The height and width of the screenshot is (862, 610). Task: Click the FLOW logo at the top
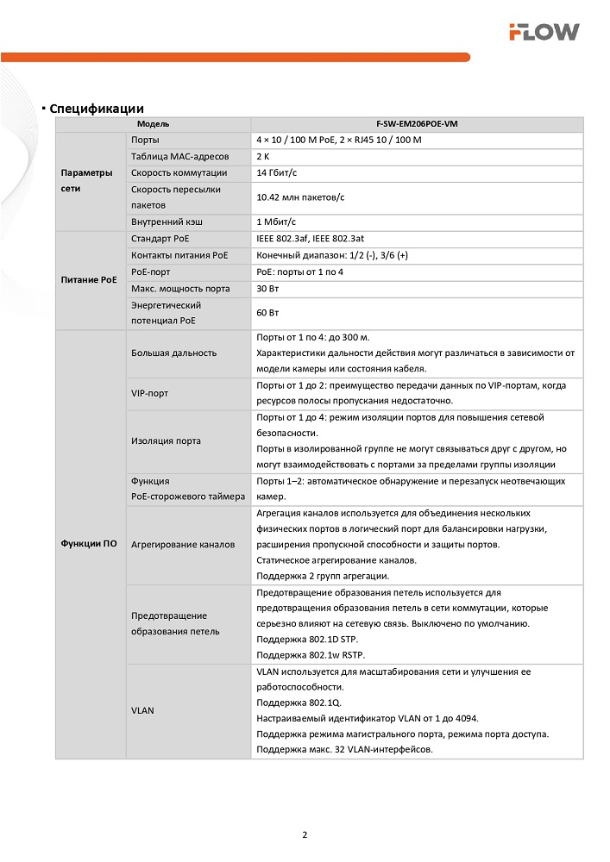543,32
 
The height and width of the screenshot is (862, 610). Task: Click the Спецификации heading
97,109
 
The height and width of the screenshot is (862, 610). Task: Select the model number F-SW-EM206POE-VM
417,124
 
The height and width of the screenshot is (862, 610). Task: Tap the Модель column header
153,124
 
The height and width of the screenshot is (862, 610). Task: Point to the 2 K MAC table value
263,156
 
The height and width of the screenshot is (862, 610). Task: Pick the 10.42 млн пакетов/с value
300,197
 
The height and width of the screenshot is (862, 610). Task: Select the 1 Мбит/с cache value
276,222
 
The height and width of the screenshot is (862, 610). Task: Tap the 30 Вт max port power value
268,288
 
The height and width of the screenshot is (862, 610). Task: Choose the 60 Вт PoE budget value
268,312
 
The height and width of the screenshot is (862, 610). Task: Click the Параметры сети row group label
87,180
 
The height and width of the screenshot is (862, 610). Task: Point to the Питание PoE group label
89,279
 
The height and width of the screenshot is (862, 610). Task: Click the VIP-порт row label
150,393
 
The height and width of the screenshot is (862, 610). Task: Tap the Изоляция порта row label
167,440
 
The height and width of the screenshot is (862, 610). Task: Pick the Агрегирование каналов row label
183,545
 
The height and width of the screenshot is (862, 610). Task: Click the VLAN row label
142,710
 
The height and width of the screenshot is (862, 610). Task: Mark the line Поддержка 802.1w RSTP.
307,655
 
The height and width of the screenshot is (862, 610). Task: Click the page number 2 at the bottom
305,834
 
